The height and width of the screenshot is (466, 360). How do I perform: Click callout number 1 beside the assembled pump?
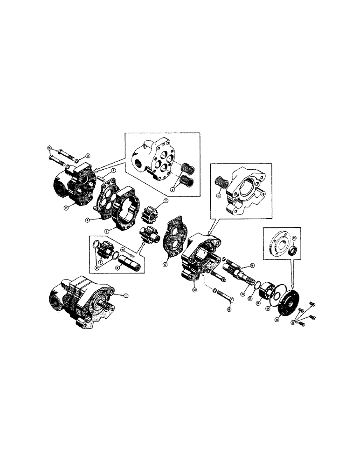tap(125, 295)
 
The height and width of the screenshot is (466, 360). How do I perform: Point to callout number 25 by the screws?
tap(293, 321)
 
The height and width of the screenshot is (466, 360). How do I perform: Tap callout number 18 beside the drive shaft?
tap(251, 265)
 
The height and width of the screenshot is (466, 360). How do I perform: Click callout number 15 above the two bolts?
tap(49, 148)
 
